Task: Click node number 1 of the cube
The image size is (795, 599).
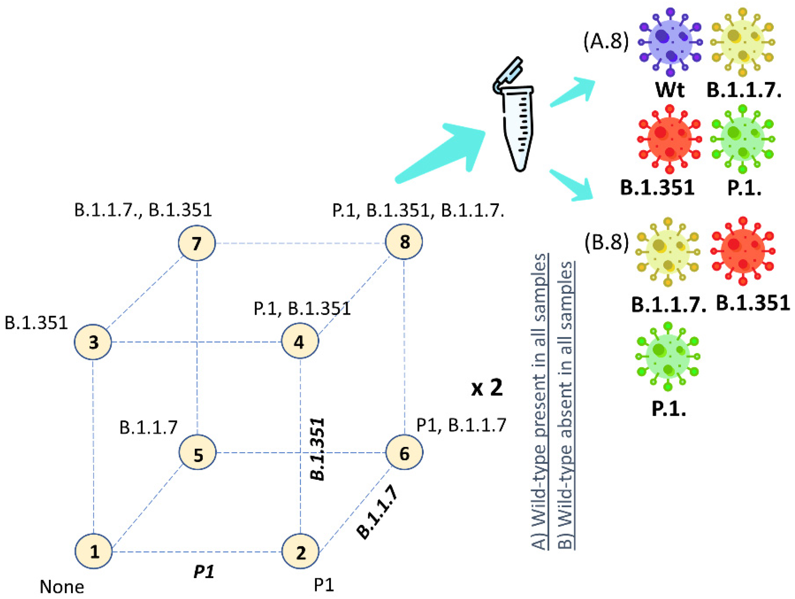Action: pos(93,551)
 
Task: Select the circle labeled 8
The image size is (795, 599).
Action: pos(404,242)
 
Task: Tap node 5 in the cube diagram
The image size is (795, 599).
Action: pos(198,452)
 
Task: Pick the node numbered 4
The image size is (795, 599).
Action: pos(300,341)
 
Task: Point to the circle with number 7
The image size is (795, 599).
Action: pos(197,243)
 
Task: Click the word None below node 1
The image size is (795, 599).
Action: pos(62,587)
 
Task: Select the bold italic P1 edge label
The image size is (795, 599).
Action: pos(204,571)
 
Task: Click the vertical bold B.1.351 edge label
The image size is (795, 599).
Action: pos(318,449)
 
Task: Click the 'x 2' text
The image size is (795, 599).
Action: pos(487,388)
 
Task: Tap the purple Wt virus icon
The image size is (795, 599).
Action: pos(670,43)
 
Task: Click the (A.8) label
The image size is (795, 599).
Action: pos(606,41)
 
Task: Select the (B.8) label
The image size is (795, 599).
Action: pos(607,242)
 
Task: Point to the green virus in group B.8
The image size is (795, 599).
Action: pos(668,357)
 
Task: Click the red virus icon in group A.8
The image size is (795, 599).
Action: pos(669,139)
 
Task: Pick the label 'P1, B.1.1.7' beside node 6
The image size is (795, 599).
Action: pos(461,425)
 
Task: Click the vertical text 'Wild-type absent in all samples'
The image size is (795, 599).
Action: pos(566,405)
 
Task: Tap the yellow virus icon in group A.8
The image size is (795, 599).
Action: pos(742,43)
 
